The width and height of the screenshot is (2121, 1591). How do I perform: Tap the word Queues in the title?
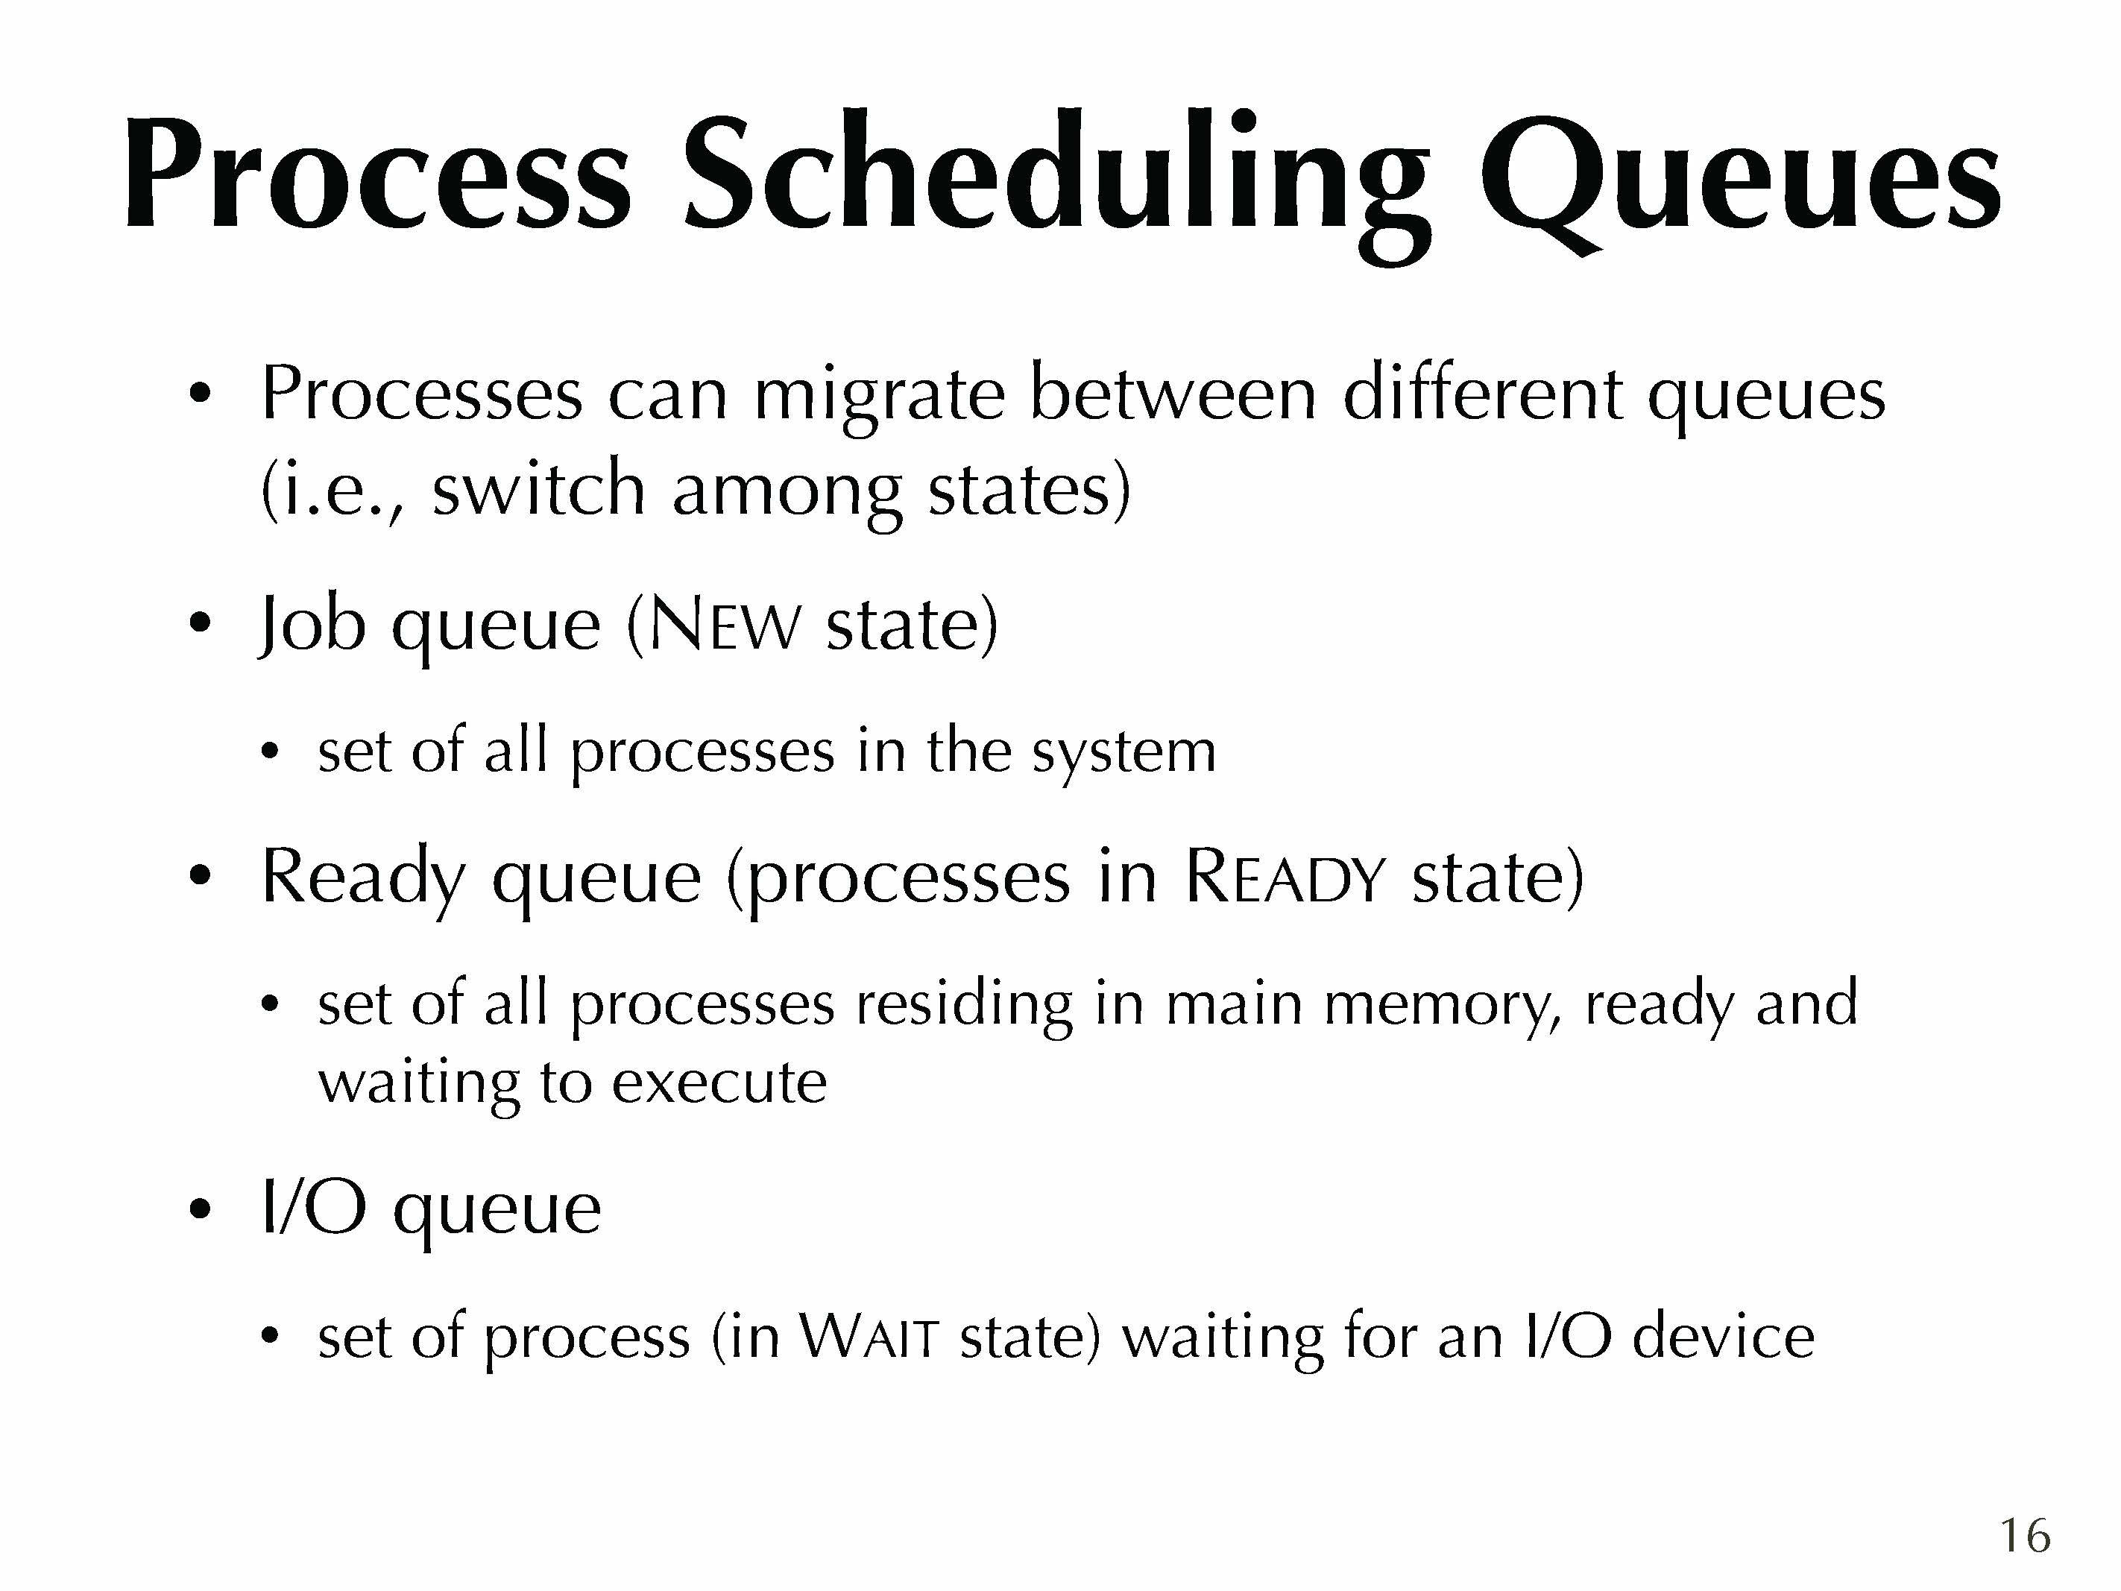pos(1739,181)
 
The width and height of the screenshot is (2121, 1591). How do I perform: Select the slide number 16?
pos(2024,1535)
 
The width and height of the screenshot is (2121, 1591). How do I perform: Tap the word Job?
pos(312,626)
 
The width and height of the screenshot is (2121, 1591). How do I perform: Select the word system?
pos(1123,754)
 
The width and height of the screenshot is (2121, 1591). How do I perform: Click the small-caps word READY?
pos(1285,878)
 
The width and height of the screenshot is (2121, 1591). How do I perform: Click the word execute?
pos(719,1084)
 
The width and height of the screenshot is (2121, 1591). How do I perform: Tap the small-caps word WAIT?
pos(868,1337)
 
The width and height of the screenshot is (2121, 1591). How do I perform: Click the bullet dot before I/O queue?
pos(200,1210)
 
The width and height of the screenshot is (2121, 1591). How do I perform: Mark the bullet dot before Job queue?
pos(200,624)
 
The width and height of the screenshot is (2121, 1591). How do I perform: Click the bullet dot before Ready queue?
pos(200,877)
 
